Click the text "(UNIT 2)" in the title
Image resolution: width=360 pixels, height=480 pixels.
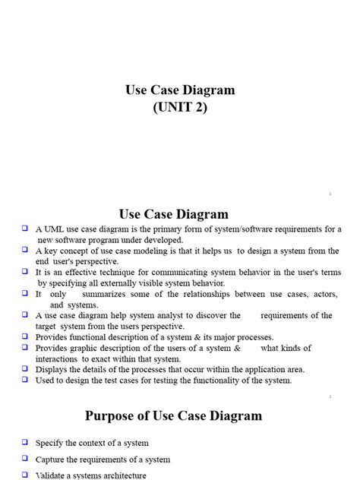tap(180, 107)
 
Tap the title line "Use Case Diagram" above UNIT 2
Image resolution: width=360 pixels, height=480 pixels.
tap(180, 90)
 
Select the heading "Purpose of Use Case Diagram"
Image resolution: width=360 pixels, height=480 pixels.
tap(173, 415)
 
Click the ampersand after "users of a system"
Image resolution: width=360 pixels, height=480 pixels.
tap(238, 348)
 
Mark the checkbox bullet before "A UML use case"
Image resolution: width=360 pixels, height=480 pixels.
tap(25, 228)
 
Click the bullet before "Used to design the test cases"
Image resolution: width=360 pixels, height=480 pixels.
tap(25, 380)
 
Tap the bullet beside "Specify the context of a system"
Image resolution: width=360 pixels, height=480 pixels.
tap(25, 441)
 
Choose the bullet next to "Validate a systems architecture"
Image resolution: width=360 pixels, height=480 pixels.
tap(25, 475)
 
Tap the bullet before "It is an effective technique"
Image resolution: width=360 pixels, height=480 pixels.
tap(25, 271)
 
